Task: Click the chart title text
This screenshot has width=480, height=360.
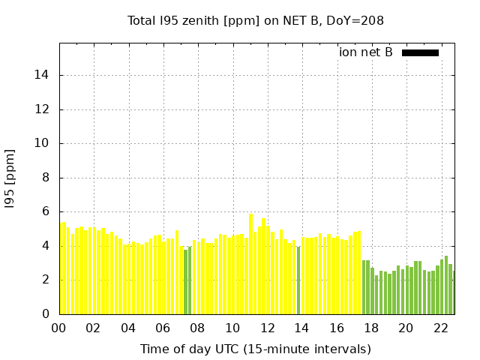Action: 255,21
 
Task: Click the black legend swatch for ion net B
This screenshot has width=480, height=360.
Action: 420,53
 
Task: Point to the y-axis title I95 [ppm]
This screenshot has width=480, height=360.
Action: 10,179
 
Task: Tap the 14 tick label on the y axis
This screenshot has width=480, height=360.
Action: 41,75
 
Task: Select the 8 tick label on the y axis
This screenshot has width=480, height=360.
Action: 46,178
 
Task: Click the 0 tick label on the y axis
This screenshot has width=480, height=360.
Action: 46,314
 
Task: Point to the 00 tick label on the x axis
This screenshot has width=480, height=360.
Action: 58,328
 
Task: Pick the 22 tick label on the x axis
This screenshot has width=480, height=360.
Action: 441,328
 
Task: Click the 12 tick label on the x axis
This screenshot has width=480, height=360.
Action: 268,328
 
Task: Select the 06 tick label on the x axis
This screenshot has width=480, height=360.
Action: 163,328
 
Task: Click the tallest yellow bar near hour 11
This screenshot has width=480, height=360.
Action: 251,264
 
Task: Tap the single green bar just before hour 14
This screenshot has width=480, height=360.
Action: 298,280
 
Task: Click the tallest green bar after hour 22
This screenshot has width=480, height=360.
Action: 446,285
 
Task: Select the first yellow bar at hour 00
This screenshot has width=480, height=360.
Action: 61,268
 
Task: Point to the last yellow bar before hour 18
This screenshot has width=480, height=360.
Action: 359,272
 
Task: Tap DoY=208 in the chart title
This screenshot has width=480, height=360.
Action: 355,21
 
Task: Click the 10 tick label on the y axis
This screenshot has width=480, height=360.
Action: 41,143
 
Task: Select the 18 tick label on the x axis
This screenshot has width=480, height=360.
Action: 372,328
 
